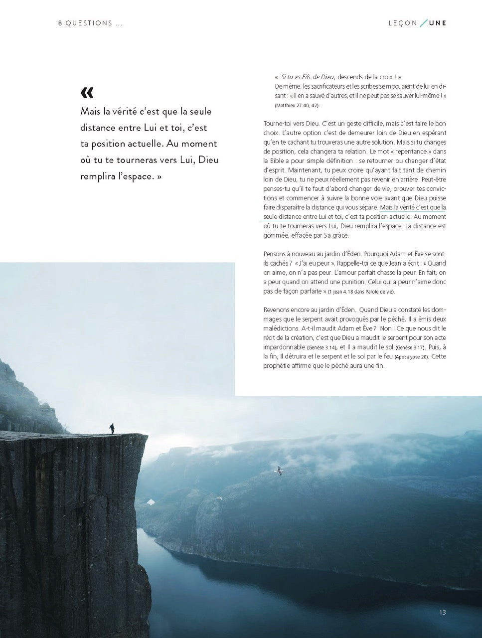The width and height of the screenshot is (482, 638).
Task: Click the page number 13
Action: [x=443, y=613]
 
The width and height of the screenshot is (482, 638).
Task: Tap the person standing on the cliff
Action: [x=112, y=428]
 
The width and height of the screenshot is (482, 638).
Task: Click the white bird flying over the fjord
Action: [x=280, y=470]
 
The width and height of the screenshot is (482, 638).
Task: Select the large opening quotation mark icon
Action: [x=87, y=93]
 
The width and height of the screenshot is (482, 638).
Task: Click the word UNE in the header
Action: [x=438, y=23]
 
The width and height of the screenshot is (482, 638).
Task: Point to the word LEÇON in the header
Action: [x=403, y=23]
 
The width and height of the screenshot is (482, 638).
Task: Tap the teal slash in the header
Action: [x=423, y=23]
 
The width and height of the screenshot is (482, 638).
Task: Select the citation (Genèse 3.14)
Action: [x=322, y=347]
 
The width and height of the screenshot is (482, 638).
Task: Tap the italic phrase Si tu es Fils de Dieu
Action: [x=308, y=77]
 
